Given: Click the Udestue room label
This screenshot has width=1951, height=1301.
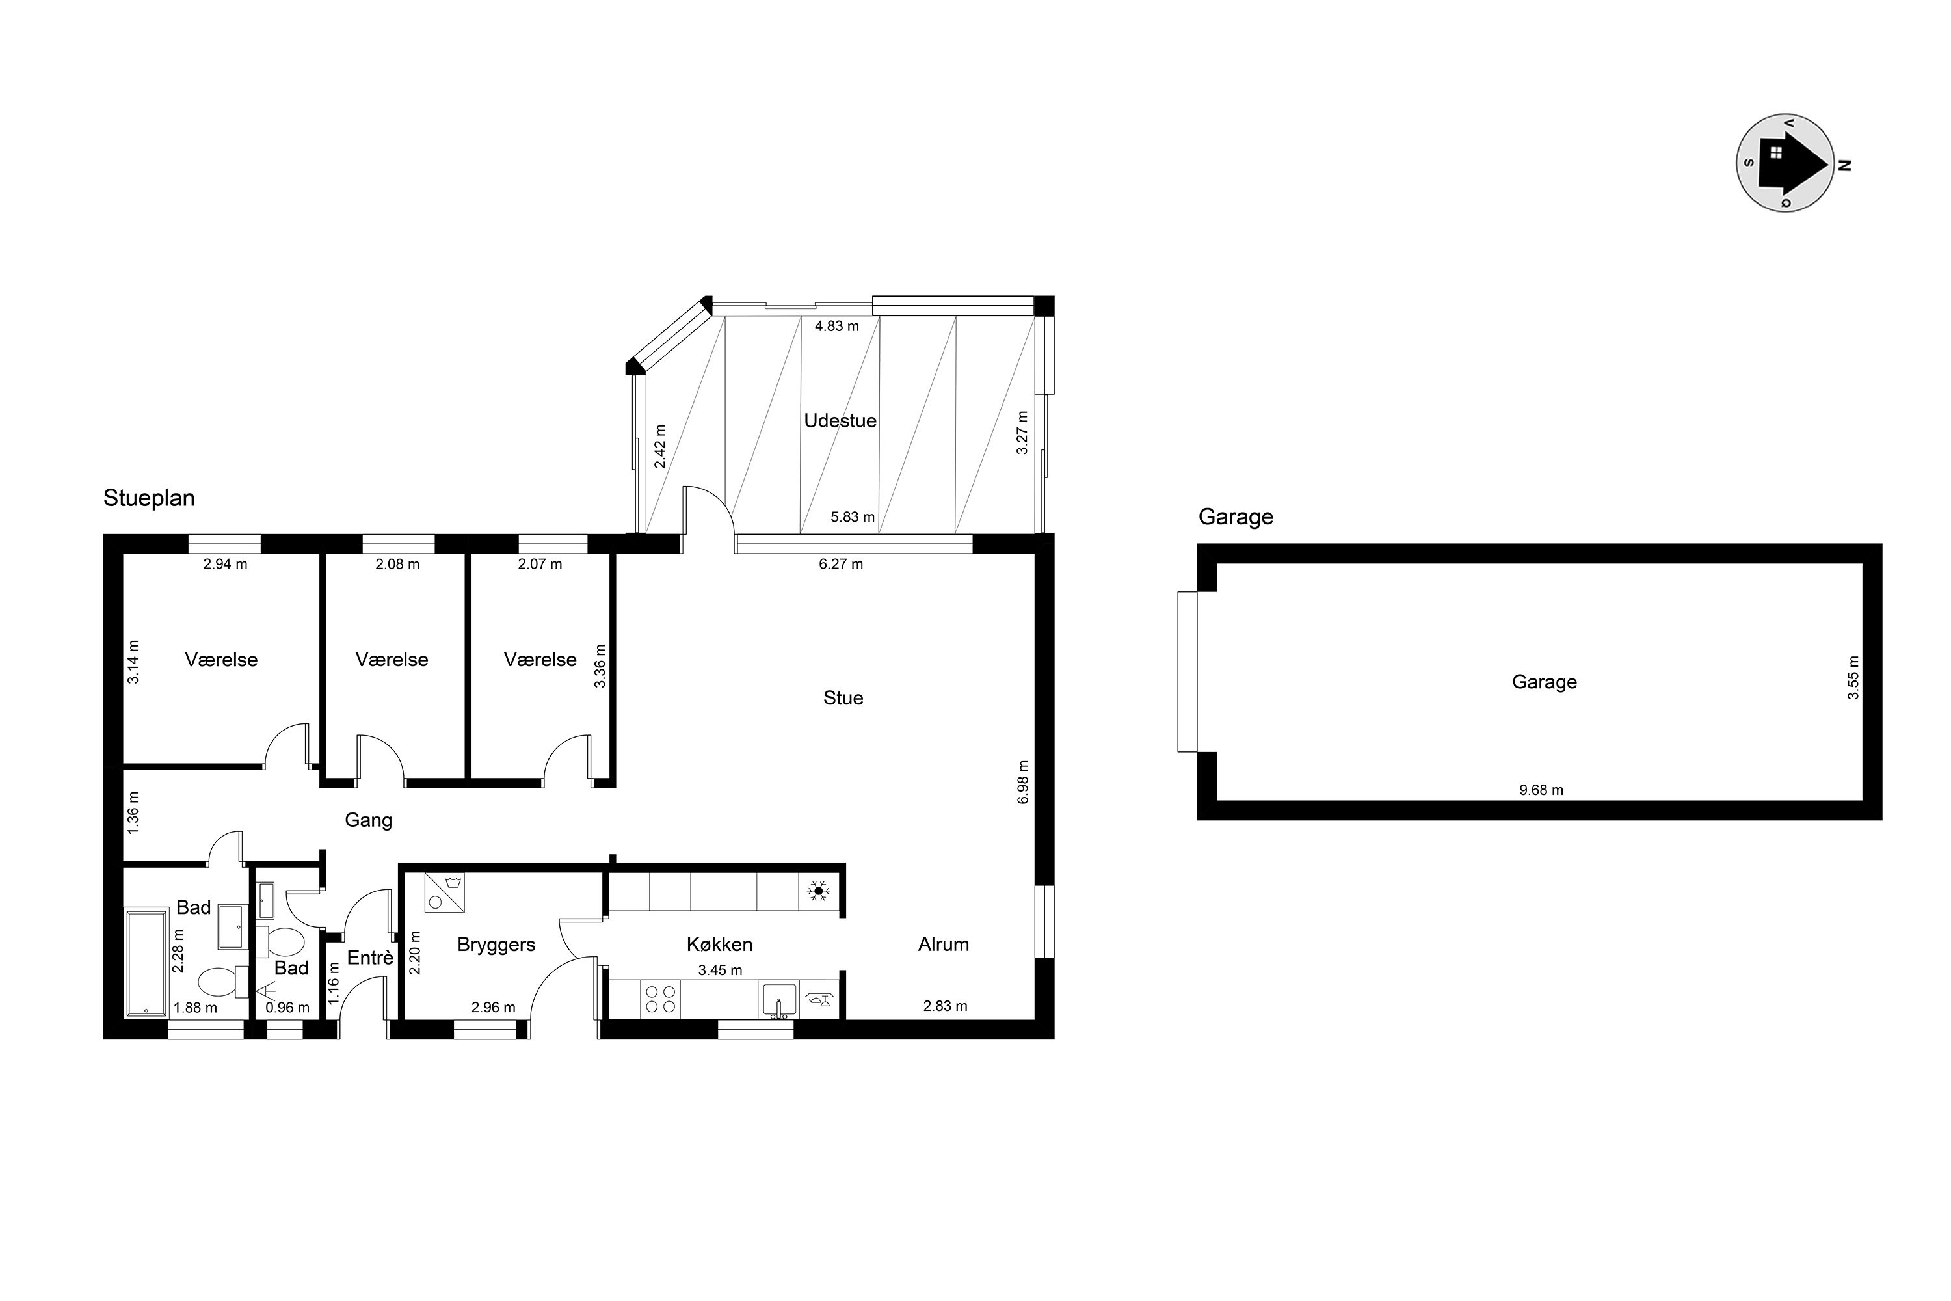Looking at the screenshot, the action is point(840,421).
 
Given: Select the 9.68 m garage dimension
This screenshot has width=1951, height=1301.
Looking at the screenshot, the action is point(1541,790).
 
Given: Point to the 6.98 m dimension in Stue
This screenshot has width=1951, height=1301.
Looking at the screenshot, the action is point(1023,782).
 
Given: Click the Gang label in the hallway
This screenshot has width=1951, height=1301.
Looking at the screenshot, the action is point(368,820).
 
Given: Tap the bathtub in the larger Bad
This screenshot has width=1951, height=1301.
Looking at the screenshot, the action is point(147,963).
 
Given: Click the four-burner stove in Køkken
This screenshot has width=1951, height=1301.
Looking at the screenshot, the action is point(660,999).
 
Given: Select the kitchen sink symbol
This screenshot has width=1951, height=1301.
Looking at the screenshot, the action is point(779,1000).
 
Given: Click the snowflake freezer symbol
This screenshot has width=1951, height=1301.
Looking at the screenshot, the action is point(819,892).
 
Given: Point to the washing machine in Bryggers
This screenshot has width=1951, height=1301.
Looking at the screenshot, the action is point(445,892).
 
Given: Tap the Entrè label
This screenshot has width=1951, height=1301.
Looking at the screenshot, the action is point(370,958).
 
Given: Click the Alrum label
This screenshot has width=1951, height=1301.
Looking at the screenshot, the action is point(943,945).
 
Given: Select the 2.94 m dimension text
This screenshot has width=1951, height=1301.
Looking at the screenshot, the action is point(226,564).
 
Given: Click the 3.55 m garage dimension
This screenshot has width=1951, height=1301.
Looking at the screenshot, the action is point(1853,678).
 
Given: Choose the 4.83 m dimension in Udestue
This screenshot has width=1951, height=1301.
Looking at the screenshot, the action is point(837,326).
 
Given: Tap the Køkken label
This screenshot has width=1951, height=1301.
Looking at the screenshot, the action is point(719,945).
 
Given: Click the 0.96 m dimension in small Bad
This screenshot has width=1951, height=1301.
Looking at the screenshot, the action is point(287,1008).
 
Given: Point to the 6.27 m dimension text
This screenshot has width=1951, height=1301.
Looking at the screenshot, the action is point(841,564).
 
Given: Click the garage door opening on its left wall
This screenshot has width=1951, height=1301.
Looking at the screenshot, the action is point(1187,671).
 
